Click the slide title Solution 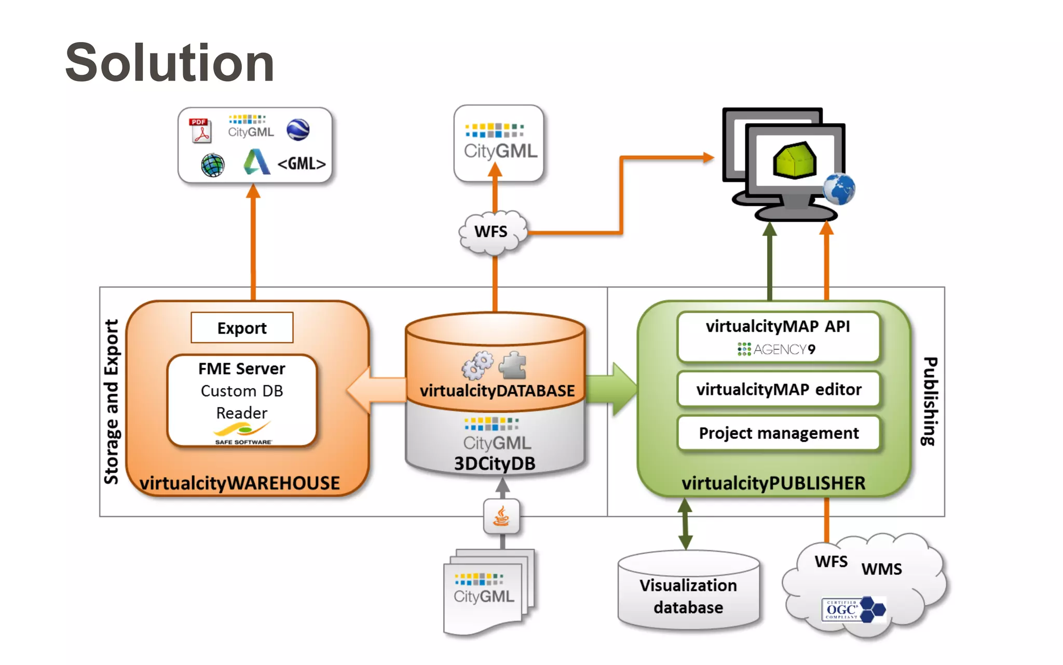170,63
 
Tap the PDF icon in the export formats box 200,130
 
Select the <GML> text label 302,164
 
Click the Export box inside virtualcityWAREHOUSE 242,328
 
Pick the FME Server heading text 242,368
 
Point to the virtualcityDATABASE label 497,390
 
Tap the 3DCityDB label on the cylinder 495,463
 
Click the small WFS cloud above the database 492,232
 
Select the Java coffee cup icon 501,516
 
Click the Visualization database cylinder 688,592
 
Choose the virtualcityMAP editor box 779,389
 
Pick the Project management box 779,433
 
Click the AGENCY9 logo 777,349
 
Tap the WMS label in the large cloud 881,569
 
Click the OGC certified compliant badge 853,609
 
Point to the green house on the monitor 794,160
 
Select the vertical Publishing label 930,401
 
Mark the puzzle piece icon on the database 513,365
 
